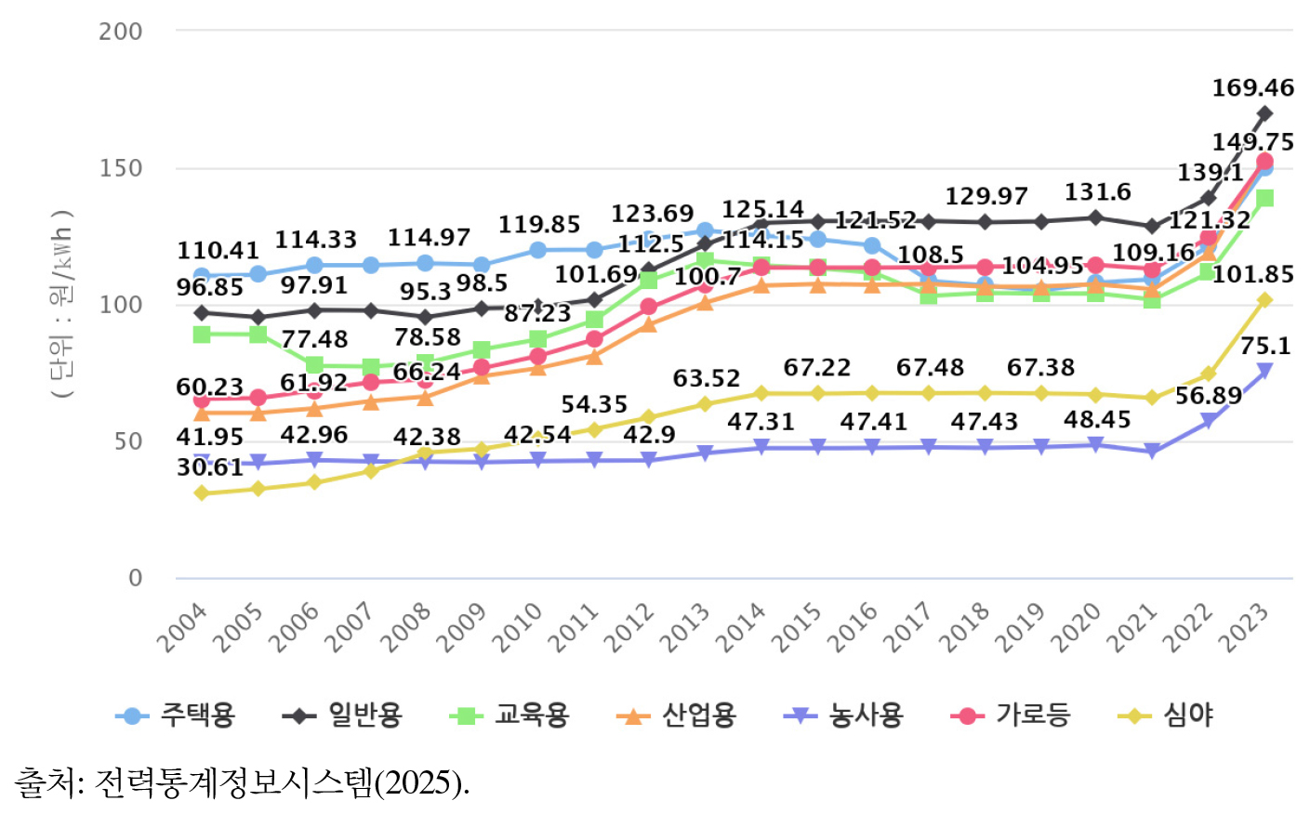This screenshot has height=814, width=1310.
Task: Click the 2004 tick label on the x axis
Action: coord(181,628)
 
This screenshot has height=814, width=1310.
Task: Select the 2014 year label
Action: coord(741,628)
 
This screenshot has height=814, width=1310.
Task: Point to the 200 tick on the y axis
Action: coord(121,32)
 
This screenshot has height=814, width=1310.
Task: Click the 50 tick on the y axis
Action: coord(128,442)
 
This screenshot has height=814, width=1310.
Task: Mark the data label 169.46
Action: coord(1252,88)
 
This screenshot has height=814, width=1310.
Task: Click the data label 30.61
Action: coord(210,467)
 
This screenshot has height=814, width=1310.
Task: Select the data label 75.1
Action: coord(1265,347)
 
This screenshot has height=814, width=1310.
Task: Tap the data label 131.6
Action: coord(1097,192)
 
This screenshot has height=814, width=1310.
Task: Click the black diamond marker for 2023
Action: coord(1264,114)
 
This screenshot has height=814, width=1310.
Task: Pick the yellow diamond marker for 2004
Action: coord(202,493)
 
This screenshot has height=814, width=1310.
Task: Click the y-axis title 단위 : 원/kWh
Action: coord(61,305)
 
